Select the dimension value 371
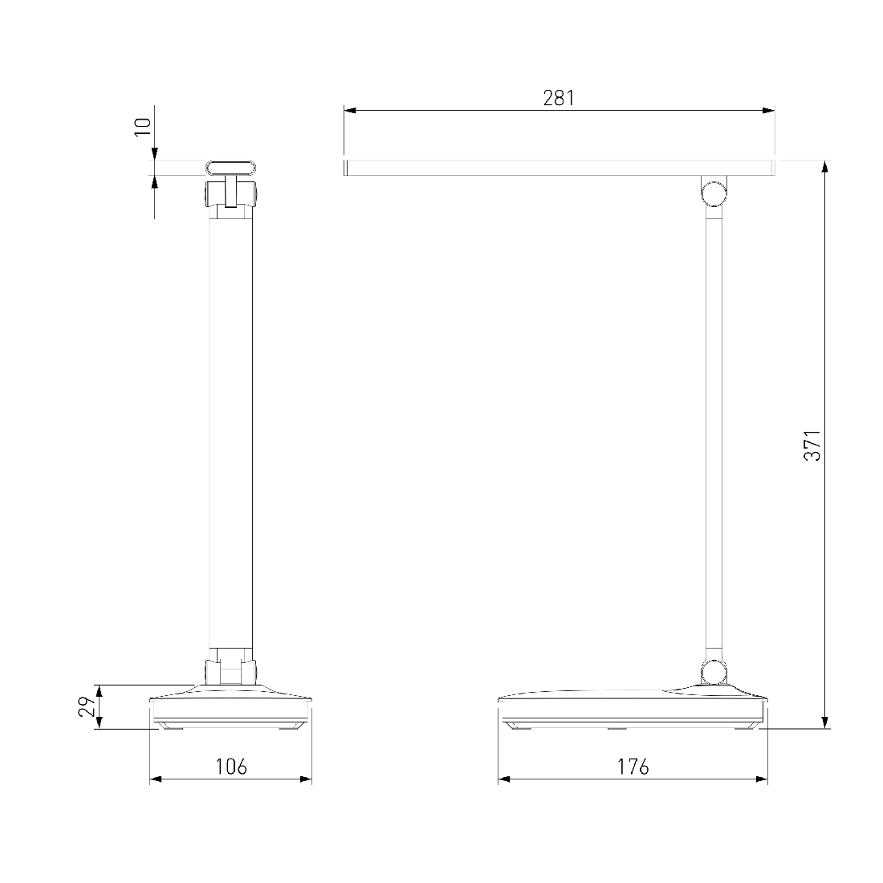pyautogui.click(x=812, y=446)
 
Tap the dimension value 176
pyautogui.click(x=633, y=767)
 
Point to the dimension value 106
pyautogui.click(x=231, y=767)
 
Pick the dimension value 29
pyautogui.click(x=87, y=706)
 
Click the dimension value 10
pyautogui.click(x=143, y=127)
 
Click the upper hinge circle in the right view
pyautogui.click(x=714, y=193)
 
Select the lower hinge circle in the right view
pyautogui.click(x=714, y=673)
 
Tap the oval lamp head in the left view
pyautogui.click(x=231, y=167)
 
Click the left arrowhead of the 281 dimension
pyautogui.click(x=350, y=111)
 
